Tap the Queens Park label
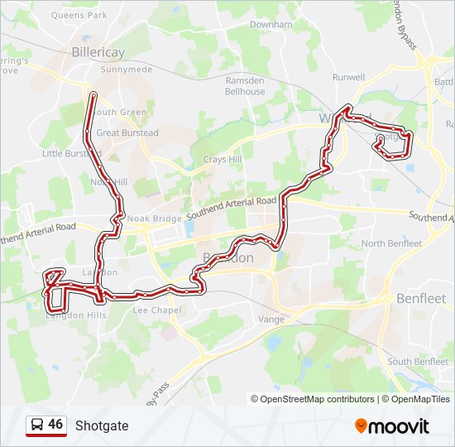[79, 15]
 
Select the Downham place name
[271, 25]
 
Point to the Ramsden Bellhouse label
[246, 86]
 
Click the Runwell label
[348, 77]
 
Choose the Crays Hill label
[223, 159]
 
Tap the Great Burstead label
[127, 132]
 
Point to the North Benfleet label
[391, 243]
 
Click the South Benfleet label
[418, 361]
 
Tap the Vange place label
[271, 319]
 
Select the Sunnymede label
[126, 70]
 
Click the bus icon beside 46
[36, 425]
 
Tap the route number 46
[55, 425]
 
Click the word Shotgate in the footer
[102, 425]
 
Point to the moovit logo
[392, 425]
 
